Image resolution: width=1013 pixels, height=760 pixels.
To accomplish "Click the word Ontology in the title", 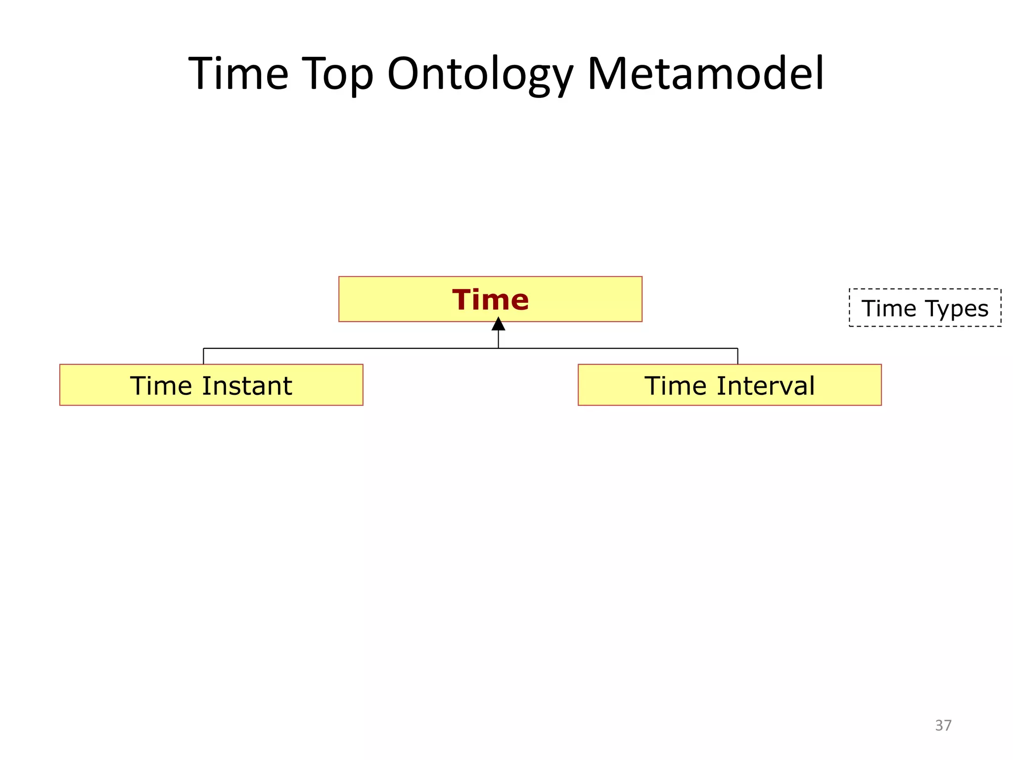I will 480,74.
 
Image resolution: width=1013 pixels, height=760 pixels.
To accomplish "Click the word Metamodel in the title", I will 705,74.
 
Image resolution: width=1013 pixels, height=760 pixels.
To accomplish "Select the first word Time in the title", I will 238,74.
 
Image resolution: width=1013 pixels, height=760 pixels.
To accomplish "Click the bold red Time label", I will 490,300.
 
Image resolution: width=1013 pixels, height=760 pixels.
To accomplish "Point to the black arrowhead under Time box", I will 498,325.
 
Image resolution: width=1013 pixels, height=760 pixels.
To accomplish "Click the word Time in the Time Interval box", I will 676,386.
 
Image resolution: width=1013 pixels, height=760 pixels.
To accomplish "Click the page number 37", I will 943,725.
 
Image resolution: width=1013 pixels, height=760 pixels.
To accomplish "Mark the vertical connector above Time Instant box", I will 203,356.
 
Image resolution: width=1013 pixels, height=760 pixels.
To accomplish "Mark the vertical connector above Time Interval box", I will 737,356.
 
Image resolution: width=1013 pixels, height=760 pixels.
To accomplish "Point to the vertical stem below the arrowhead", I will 498,340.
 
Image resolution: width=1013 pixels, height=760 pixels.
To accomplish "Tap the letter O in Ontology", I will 404,74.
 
